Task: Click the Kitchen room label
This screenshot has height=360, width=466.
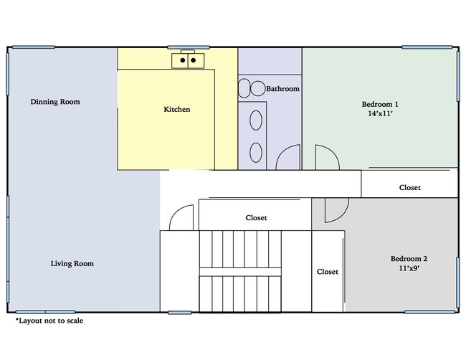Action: click(177, 110)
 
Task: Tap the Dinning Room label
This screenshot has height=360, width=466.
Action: click(55, 102)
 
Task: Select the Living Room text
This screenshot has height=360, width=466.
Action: click(72, 264)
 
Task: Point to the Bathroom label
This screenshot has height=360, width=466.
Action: click(282, 89)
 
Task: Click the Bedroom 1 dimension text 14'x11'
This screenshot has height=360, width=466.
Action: click(380, 113)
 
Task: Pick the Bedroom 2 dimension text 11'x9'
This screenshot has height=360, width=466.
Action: click(409, 268)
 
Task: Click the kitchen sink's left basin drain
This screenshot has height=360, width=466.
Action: click(183, 60)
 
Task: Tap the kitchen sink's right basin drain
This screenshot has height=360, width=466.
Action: click(193, 60)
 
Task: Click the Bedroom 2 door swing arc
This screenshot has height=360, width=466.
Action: click(342, 217)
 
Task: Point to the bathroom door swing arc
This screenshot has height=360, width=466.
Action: click(282, 151)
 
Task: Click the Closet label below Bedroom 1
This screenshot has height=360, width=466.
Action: click(410, 188)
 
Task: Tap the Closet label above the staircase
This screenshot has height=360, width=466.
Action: click(256, 218)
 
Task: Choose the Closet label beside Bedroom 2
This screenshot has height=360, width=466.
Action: click(327, 272)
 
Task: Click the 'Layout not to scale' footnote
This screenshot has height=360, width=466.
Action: click(49, 321)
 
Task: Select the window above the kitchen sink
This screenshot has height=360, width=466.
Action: click(189, 47)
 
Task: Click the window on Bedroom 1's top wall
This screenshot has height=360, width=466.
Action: click(427, 47)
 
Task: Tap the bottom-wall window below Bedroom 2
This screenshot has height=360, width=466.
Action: click(429, 312)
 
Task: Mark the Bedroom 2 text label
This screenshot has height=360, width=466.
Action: click(409, 259)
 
